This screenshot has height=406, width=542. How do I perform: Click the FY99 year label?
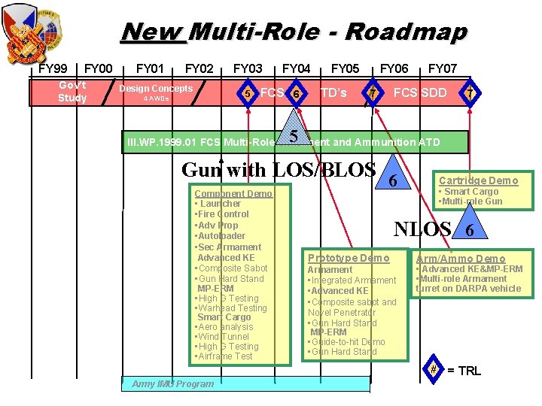[53, 69]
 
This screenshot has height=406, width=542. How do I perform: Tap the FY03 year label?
[248, 69]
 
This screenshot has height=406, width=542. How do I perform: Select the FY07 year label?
[442, 69]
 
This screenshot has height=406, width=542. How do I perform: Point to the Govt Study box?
[72, 92]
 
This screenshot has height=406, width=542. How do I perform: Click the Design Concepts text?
[157, 88]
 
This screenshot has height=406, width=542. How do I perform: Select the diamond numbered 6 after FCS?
[297, 93]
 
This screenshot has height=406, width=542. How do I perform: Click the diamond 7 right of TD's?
[373, 93]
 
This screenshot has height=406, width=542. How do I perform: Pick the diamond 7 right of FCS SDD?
[470, 93]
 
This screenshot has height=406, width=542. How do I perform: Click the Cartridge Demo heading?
[478, 180]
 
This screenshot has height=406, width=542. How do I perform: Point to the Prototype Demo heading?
[349, 258]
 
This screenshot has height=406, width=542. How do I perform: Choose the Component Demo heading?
[233, 193]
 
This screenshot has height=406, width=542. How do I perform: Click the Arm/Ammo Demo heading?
[461, 259]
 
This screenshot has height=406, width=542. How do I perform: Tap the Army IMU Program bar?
[245, 383]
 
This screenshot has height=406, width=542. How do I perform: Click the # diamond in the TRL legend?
[434, 369]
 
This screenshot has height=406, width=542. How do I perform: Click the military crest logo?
[34, 33]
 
